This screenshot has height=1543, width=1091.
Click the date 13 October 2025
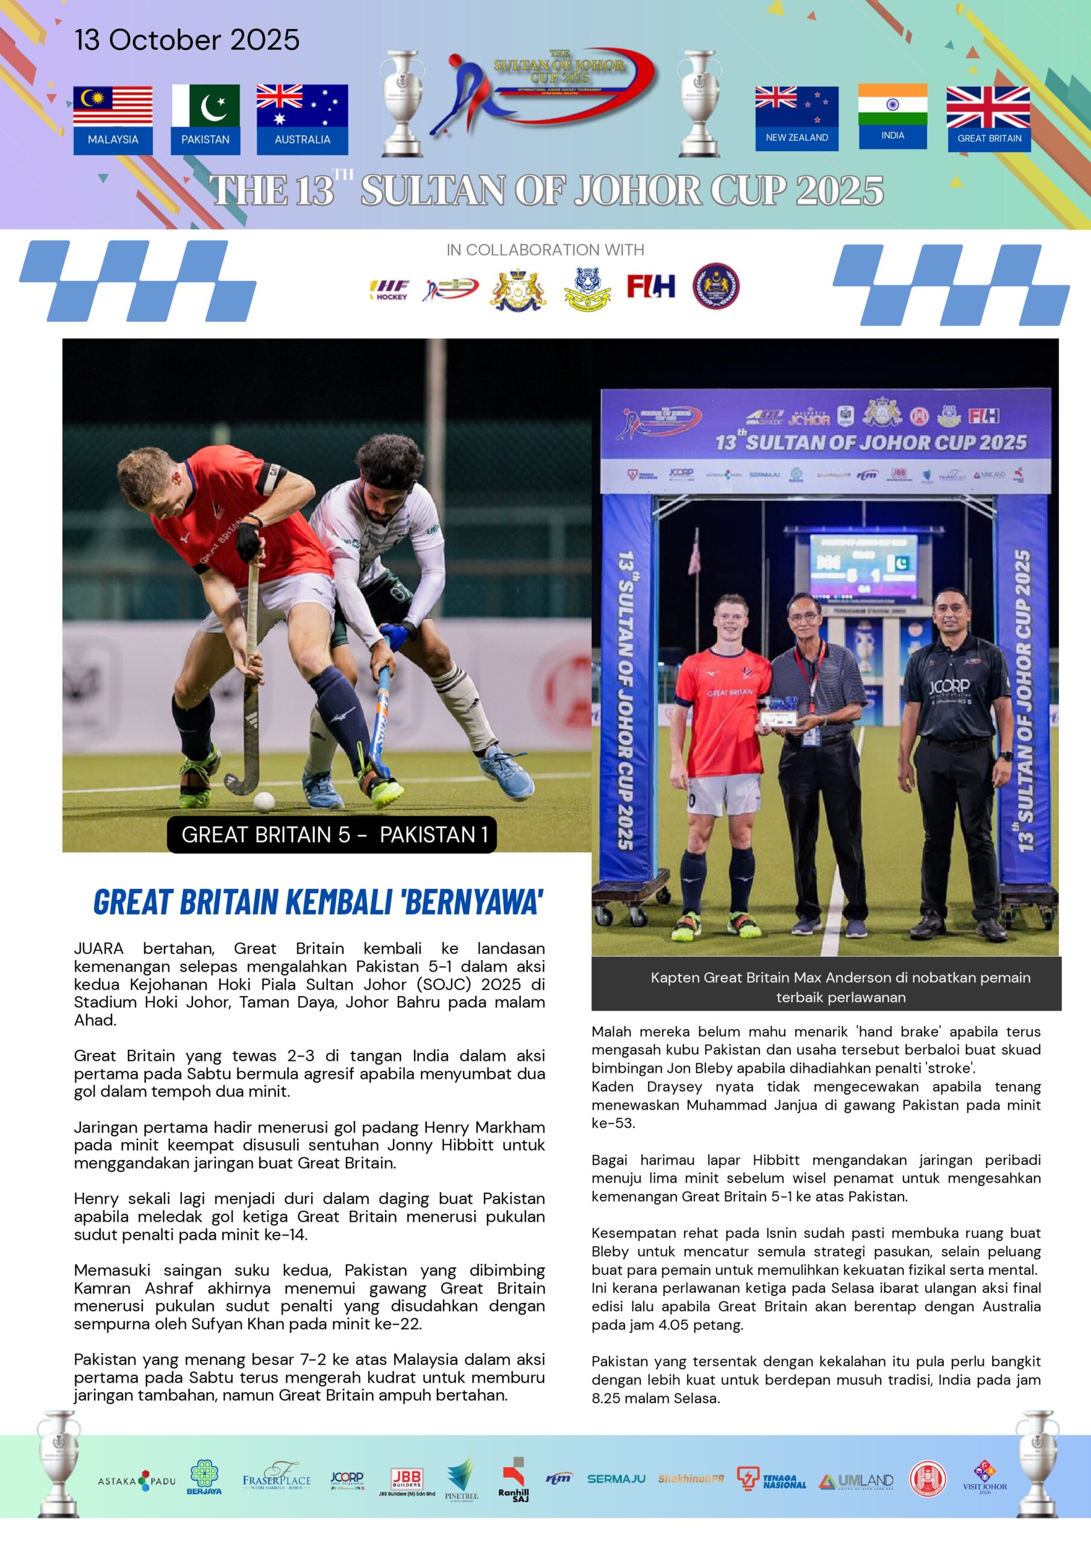click(x=187, y=40)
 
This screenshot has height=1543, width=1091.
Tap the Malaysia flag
click(x=113, y=106)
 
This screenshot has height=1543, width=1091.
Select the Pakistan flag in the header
click(x=205, y=105)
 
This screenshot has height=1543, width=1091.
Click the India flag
click(x=892, y=104)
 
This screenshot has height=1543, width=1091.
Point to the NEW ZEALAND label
click(x=797, y=138)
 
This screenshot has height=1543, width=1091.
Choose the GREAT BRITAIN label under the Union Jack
click(x=989, y=139)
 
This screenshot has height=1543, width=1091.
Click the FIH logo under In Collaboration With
click(x=651, y=286)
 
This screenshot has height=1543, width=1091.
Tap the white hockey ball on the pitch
click(x=263, y=801)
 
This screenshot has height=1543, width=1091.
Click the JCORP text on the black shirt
click(x=949, y=686)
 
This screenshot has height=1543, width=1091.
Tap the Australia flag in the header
click(x=302, y=105)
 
